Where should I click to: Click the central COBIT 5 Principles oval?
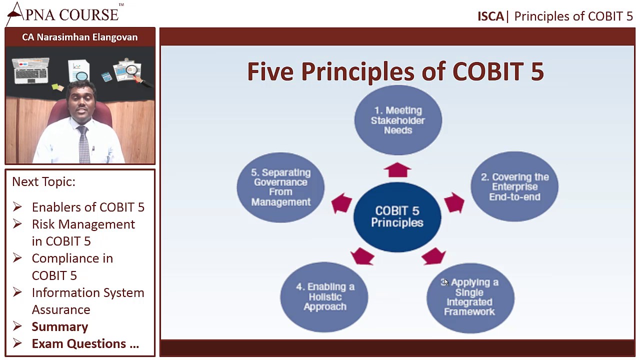(397, 217)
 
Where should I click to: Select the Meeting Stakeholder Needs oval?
(398, 120)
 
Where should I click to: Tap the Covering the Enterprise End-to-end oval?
(514, 186)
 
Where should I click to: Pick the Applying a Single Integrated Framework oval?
(470, 297)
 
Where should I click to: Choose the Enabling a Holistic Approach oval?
(324, 296)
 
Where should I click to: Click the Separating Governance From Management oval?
(280, 187)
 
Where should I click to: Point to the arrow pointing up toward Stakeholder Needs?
(397, 170)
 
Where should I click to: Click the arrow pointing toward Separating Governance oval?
(341, 203)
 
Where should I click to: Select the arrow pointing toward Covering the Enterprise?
(453, 202)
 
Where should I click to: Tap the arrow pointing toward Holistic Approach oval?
(362, 256)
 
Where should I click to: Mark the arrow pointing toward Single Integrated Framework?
(433, 256)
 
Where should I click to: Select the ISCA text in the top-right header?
(490, 16)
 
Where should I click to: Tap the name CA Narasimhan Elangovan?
(80, 37)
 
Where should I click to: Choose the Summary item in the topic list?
(60, 327)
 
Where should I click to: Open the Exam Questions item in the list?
(85, 344)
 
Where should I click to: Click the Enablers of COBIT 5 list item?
(88, 207)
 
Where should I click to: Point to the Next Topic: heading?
(43, 182)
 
